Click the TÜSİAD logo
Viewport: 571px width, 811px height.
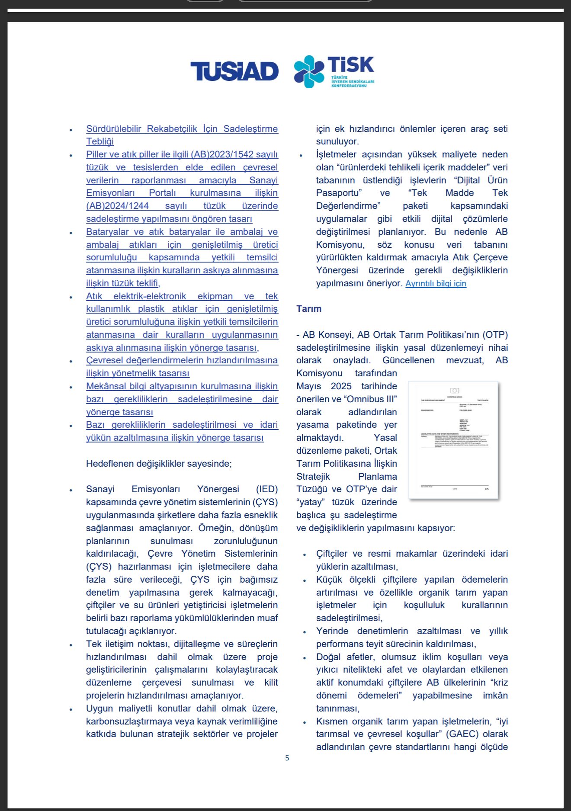tap(234, 71)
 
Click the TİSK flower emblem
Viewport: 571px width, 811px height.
tap(309, 71)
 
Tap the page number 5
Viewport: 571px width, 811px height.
tap(287, 758)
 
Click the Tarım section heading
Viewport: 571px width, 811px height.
tap(309, 309)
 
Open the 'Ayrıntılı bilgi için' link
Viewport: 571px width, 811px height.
tap(436, 284)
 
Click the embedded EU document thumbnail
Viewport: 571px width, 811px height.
tap(453, 440)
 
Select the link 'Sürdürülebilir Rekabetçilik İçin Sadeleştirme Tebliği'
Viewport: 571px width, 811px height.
tap(182, 129)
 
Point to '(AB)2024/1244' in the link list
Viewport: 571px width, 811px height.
tap(117, 206)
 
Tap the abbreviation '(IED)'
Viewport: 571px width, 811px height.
tap(266, 489)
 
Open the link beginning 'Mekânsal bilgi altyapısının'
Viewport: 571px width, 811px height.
tap(182, 386)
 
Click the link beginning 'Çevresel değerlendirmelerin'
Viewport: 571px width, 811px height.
tap(182, 360)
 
